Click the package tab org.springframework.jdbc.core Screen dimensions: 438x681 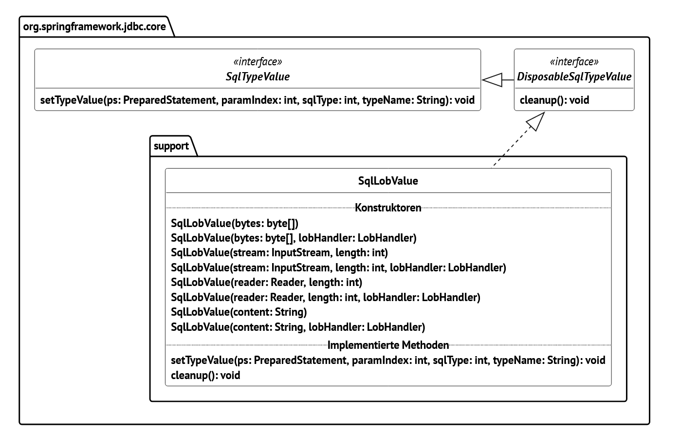tap(94, 26)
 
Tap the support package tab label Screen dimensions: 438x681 tap(171, 146)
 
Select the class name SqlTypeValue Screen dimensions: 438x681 tap(258, 76)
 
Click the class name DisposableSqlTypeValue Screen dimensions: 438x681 tap(574, 76)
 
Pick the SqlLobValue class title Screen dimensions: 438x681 tap(388, 181)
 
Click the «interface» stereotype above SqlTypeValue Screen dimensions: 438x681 tap(258, 62)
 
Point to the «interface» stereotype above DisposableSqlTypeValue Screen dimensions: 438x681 tap(574, 62)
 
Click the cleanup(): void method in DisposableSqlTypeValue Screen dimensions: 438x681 tap(554, 100)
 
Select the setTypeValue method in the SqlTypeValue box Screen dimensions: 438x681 tap(257, 100)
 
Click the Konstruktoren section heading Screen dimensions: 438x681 tap(388, 208)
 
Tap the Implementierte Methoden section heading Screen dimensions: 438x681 tap(388, 345)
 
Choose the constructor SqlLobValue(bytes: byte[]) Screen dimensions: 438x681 tap(234, 223)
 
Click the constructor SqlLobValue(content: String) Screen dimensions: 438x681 tap(239, 312)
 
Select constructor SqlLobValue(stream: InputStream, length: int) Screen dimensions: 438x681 tap(279, 252)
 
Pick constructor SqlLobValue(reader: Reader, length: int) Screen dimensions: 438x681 tap(266, 282)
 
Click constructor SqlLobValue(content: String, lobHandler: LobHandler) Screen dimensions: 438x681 tap(298, 327)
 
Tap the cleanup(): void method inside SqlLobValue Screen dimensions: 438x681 tap(205, 375)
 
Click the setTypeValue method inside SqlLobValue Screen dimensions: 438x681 tap(388, 360)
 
